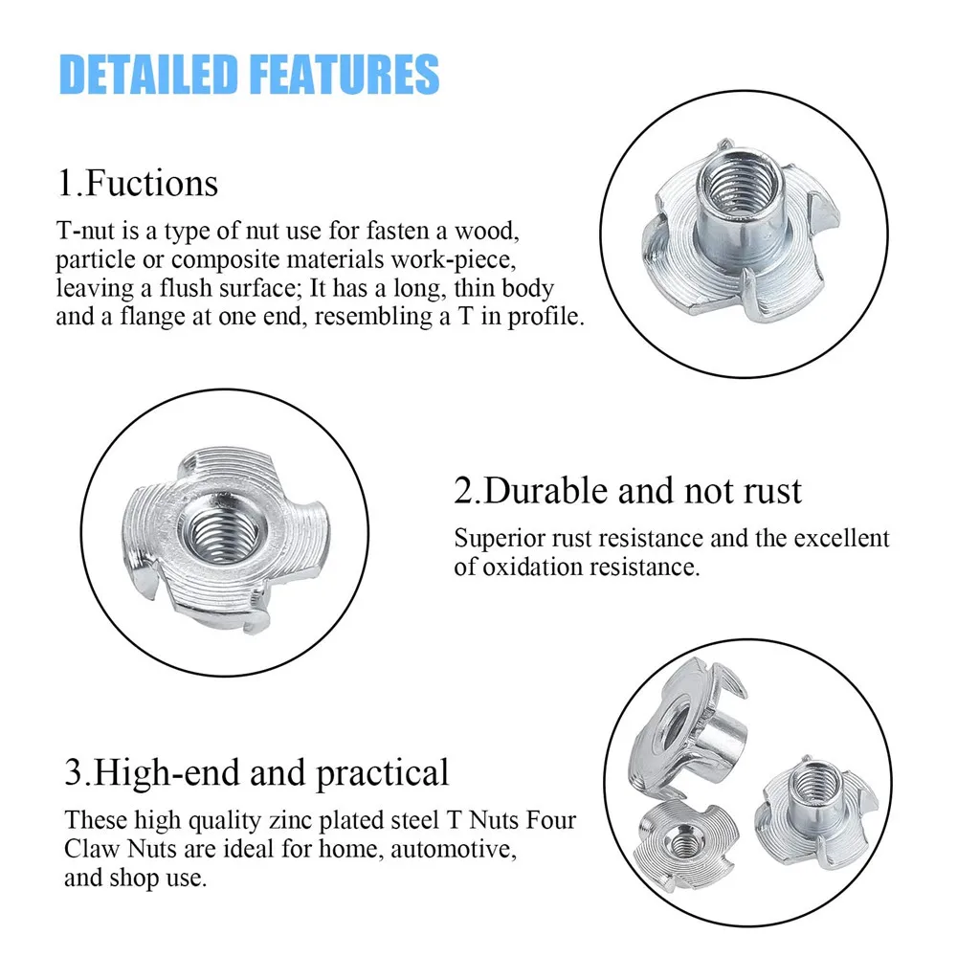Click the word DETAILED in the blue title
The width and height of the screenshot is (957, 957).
pyautogui.click(x=148, y=75)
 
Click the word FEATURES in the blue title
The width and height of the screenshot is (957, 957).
pyautogui.click(x=345, y=75)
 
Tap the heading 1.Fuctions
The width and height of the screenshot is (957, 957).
pyautogui.click(x=137, y=183)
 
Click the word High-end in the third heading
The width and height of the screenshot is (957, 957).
pyautogui.click(x=166, y=772)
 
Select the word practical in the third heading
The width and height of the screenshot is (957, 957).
pyautogui.click(x=382, y=774)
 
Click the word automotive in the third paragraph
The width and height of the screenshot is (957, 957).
pyautogui.click(x=454, y=850)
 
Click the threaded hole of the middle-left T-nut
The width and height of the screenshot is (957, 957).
pyautogui.click(x=223, y=537)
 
